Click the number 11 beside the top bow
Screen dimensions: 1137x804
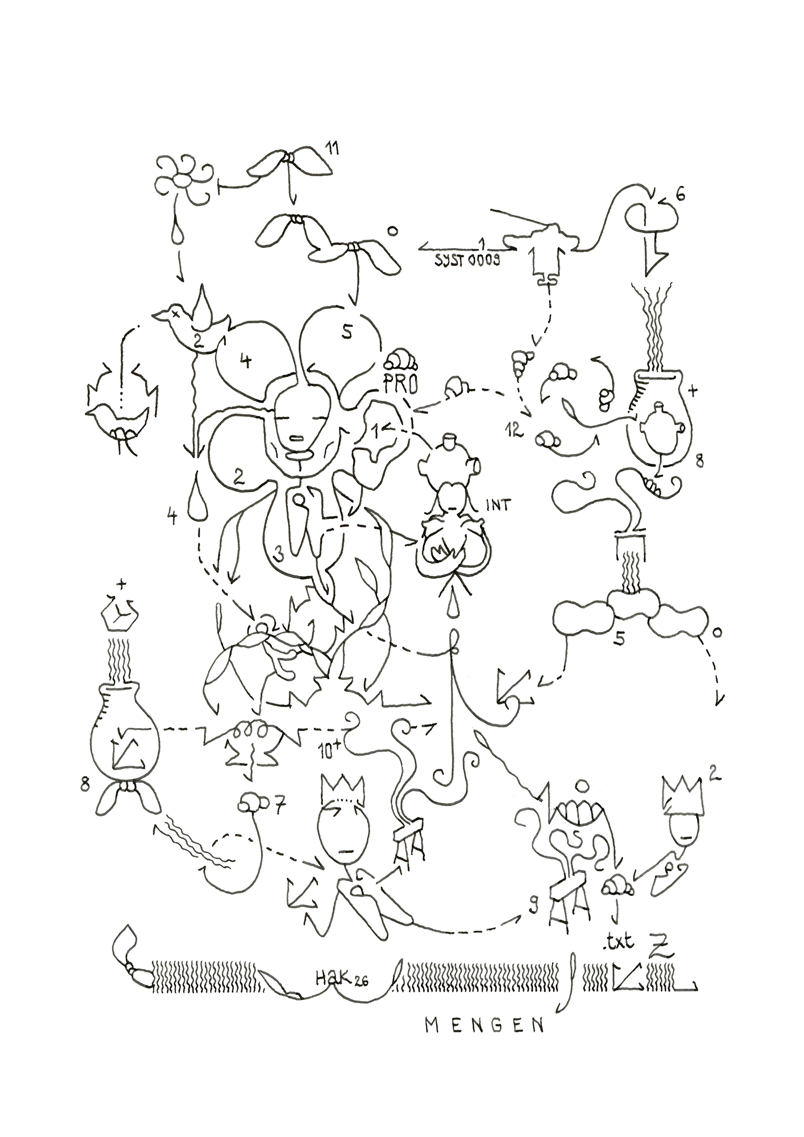click(x=331, y=149)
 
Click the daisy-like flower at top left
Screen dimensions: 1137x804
click(x=183, y=181)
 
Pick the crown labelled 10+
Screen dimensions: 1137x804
click(x=342, y=789)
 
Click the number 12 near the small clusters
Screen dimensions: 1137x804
click(x=516, y=431)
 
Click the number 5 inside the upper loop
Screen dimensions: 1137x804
click(x=347, y=333)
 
